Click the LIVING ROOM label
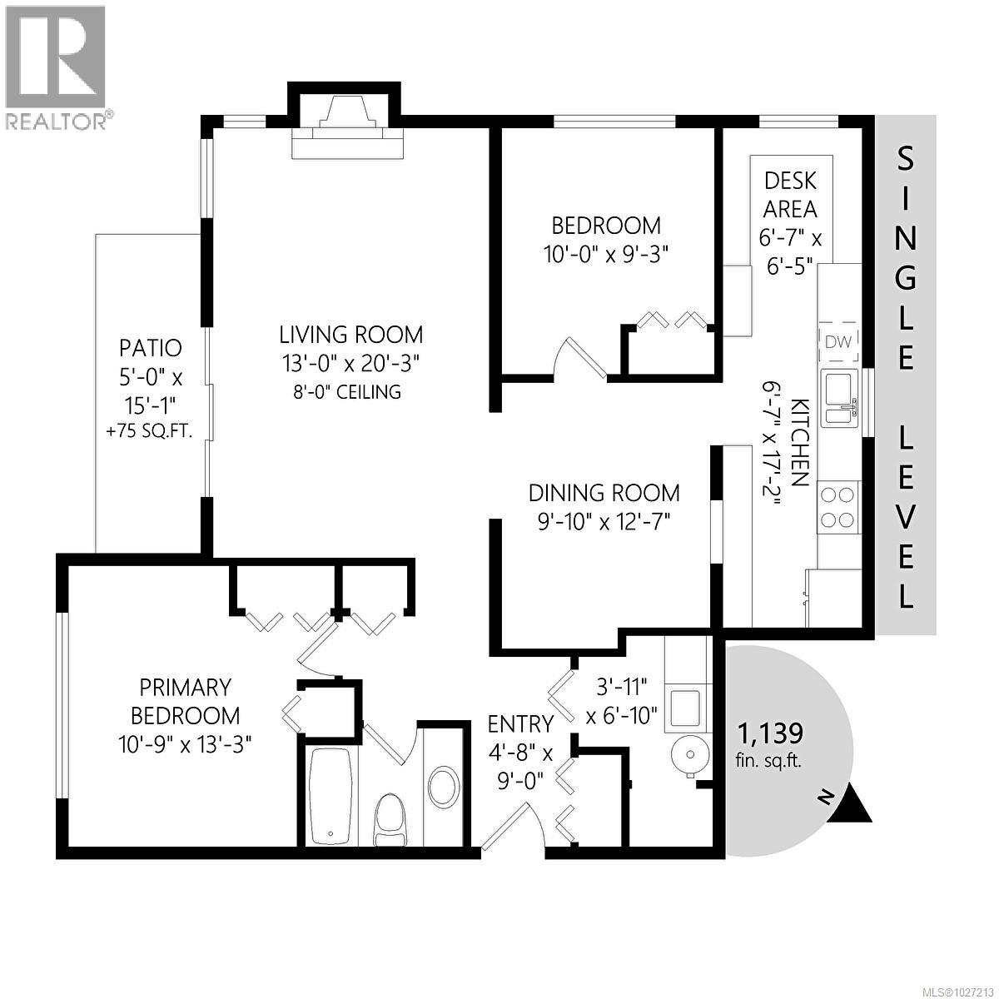[350, 335]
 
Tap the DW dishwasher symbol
[839, 340]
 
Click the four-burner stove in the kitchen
[837, 507]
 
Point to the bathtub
[332, 796]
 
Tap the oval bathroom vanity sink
[443, 784]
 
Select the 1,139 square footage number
[770, 733]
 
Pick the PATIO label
[150, 347]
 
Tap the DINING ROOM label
[604, 493]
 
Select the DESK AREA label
[790, 193]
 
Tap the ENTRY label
[520, 723]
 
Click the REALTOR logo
[56, 67]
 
